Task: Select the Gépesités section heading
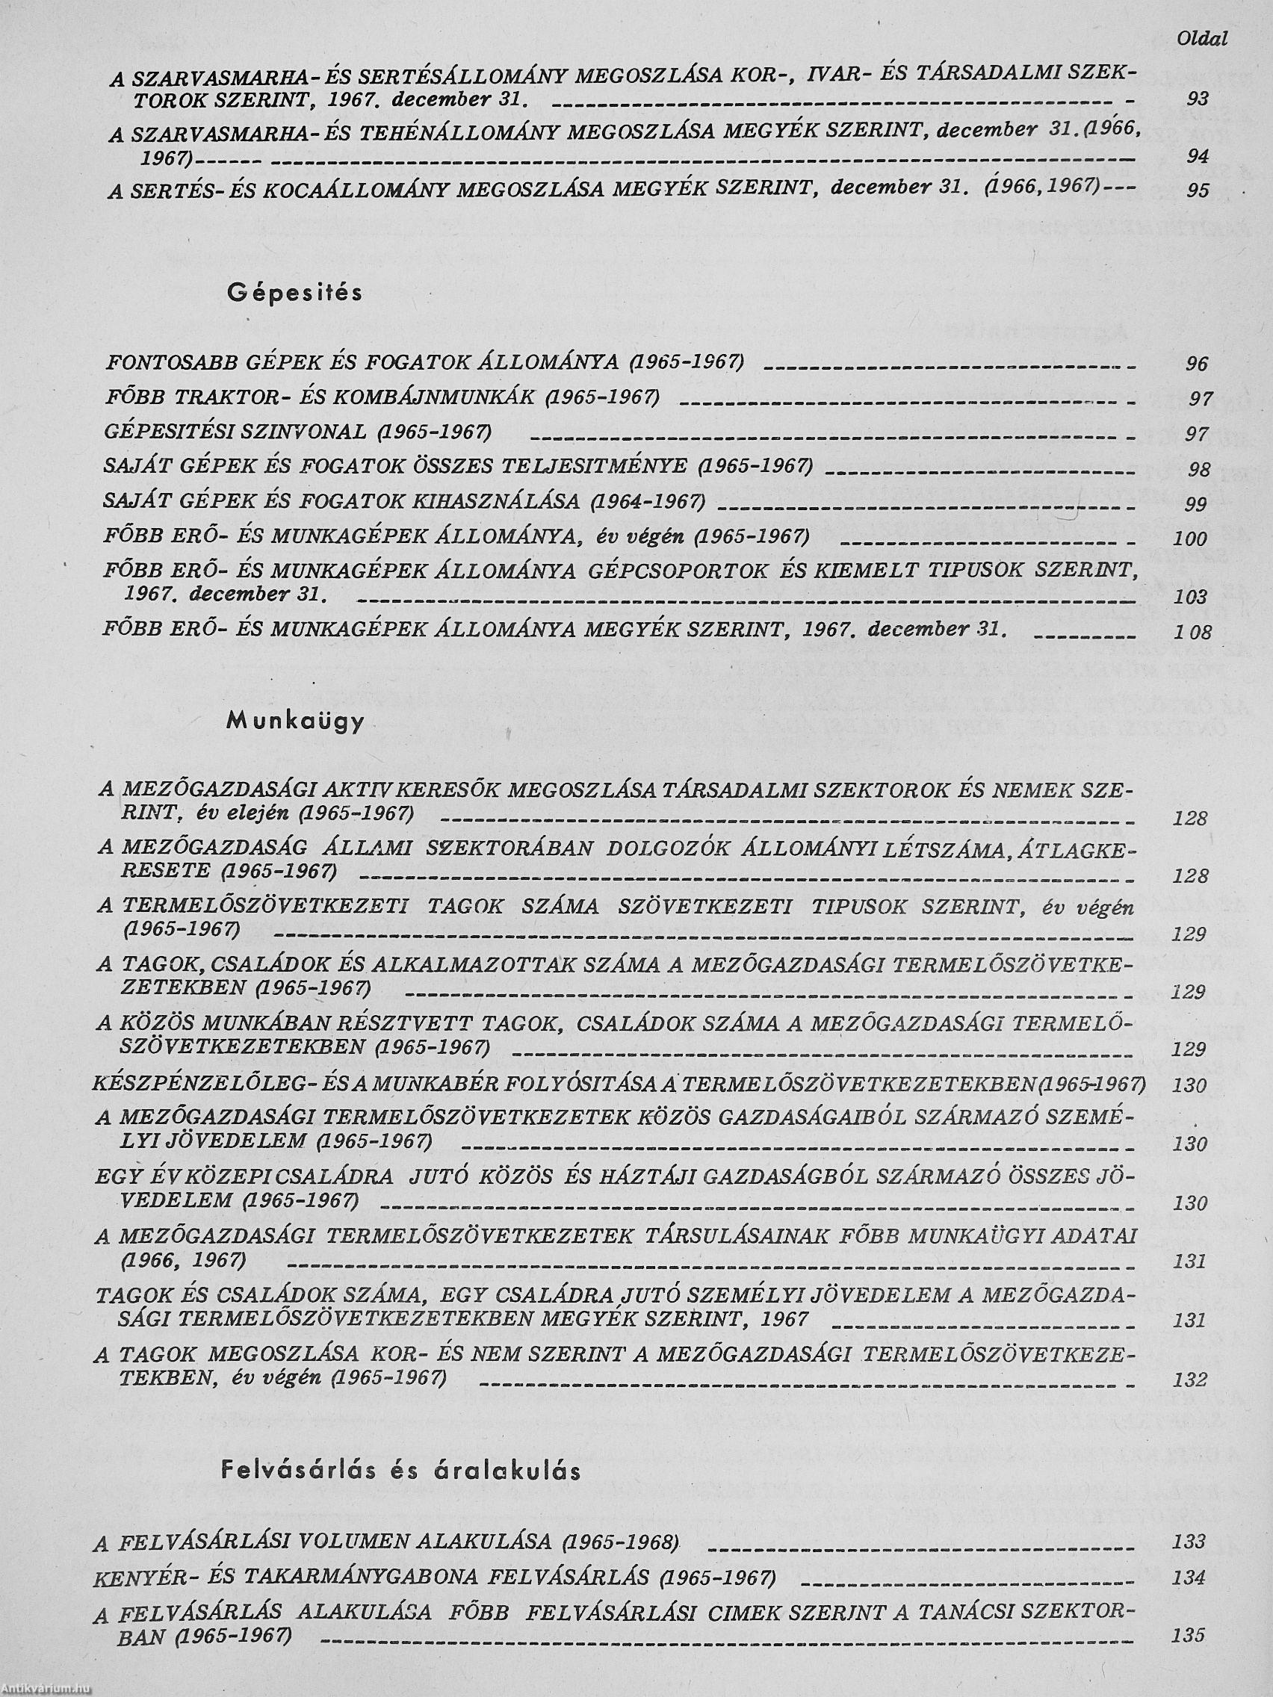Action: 294,293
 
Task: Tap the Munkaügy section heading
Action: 295,722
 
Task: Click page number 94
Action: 1197,158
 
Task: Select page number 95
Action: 1197,191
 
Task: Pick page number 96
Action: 1197,364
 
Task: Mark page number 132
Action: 1190,1380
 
